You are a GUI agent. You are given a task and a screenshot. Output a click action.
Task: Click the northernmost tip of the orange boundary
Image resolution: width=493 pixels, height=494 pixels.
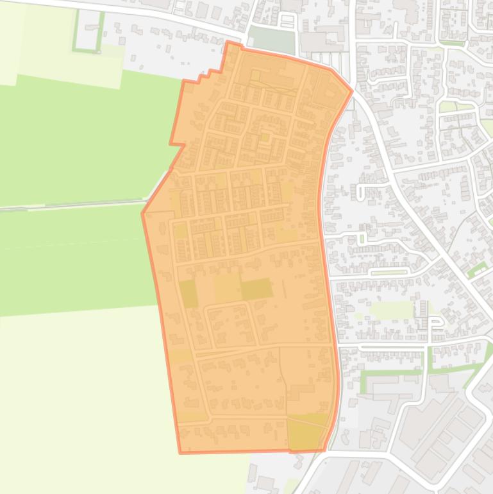coord(228,42)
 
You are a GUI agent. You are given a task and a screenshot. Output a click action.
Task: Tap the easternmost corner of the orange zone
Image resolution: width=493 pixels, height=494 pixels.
coord(351,90)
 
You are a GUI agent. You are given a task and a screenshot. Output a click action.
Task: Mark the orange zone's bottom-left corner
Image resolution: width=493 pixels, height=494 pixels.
coord(181,452)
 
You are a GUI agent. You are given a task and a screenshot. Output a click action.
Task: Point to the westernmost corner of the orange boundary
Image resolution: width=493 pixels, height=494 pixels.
coord(142,212)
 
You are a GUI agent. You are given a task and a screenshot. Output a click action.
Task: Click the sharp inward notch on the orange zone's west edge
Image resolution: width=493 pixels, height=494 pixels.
coord(183,144)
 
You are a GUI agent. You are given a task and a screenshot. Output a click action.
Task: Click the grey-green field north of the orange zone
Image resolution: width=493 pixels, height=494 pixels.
coord(272,39)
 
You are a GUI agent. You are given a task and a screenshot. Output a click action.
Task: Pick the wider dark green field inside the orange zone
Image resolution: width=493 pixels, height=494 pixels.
coord(256,289)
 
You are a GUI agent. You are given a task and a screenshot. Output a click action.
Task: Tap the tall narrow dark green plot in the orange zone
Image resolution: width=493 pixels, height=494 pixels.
coord(188,293)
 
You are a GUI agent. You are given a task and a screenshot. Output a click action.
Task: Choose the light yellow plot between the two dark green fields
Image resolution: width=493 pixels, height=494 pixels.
coord(227,287)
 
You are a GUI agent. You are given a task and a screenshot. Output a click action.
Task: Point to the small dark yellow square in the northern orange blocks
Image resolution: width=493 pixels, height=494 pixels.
coord(264,137)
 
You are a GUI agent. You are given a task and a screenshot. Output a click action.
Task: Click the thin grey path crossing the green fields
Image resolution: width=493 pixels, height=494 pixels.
coord(71,205)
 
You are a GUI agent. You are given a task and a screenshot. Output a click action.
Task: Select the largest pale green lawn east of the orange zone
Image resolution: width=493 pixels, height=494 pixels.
coord(391,311)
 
